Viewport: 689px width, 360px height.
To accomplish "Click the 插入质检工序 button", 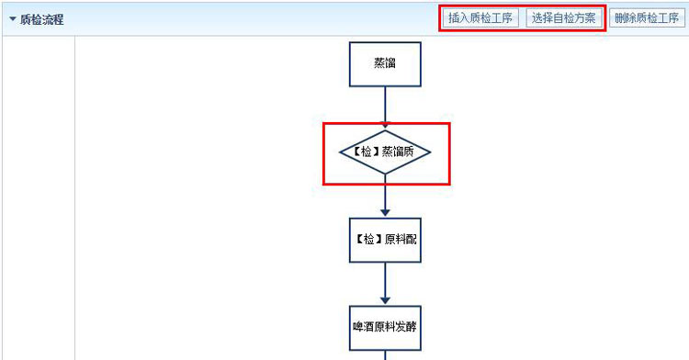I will click(x=480, y=18).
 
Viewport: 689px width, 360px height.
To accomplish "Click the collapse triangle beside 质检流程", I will click(x=12, y=19).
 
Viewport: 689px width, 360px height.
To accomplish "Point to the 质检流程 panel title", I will click(x=41, y=19).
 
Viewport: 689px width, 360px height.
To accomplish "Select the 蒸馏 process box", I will click(x=385, y=64).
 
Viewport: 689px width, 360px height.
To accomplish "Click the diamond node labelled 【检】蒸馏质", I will click(x=385, y=152).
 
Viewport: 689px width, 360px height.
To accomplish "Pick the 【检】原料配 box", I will click(x=385, y=240).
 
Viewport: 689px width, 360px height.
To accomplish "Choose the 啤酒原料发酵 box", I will click(x=385, y=327).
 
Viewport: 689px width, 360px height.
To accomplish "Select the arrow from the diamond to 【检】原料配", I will click(x=385, y=197).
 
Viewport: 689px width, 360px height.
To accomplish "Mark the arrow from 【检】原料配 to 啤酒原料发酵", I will click(x=385, y=284).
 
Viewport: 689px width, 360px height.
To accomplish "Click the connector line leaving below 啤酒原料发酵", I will click(x=385, y=354).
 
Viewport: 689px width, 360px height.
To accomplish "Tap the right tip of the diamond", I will click(x=428, y=152).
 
